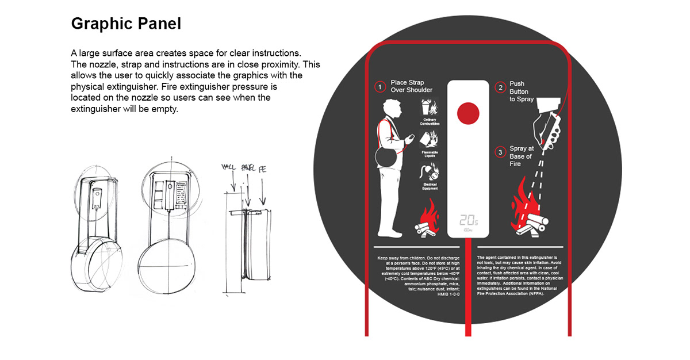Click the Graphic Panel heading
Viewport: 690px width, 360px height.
click(x=126, y=24)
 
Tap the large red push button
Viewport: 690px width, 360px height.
click(x=467, y=113)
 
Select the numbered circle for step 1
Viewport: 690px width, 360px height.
click(x=379, y=87)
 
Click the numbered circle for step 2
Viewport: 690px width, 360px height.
click(x=500, y=87)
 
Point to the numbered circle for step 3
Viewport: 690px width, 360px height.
click(x=500, y=152)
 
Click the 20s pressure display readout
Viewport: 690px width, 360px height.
click(x=469, y=220)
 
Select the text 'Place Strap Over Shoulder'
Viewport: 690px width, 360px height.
click(x=411, y=86)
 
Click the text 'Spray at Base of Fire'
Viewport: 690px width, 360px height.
click(x=521, y=156)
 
